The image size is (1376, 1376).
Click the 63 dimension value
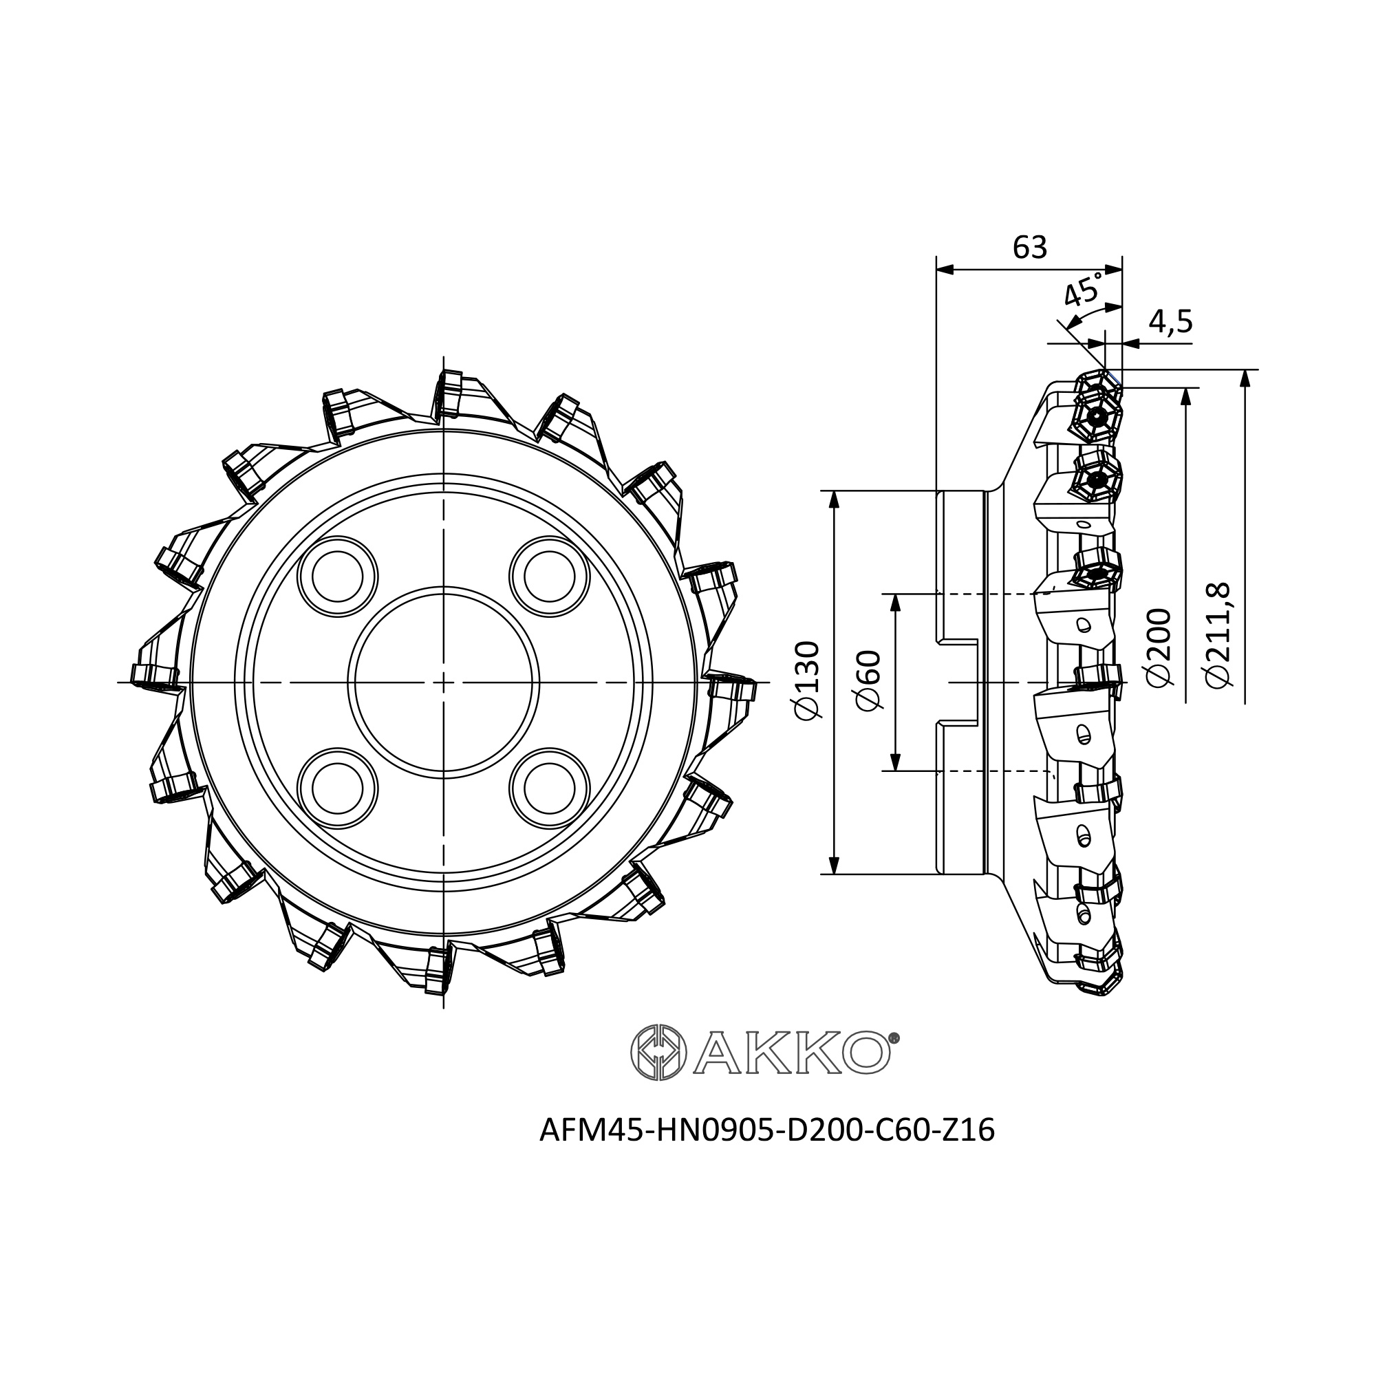pos(1029,247)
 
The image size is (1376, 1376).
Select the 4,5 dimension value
pos(1170,322)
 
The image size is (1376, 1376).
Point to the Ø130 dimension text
pos(806,682)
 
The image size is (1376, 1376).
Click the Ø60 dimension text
pos(868,682)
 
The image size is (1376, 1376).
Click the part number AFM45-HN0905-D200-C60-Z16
pos(767,1130)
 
